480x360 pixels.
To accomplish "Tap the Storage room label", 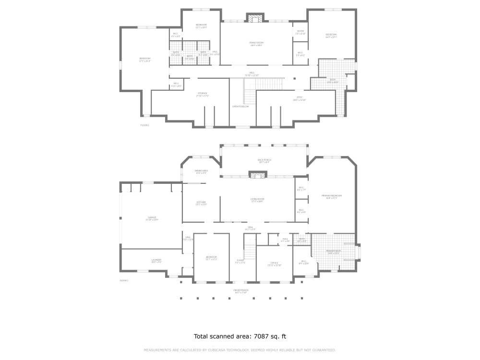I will click(202, 94).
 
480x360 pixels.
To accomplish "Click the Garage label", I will click(152, 218).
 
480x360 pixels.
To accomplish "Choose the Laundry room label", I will click(156, 261).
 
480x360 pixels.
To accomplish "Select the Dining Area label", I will click(201, 172).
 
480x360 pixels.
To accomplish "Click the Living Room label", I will click(257, 200).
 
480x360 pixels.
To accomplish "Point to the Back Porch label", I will click(264, 161).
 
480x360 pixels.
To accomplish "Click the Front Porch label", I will click(240, 291).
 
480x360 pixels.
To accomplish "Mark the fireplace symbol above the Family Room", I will click(255, 18).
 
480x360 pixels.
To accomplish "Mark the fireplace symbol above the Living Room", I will click(255, 175).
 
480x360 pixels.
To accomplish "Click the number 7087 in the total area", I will click(259, 336).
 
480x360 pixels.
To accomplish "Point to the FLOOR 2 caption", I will click(144, 125).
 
